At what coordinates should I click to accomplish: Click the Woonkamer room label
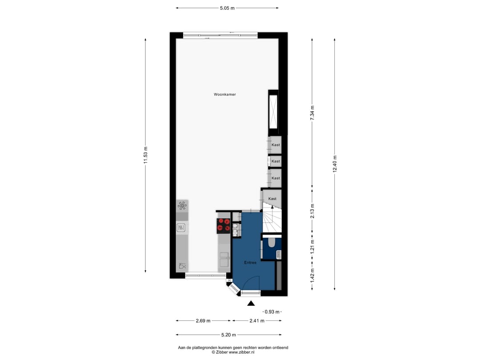(224, 95)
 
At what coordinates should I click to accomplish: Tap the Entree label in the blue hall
(250, 263)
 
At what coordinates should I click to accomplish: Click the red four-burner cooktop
(223, 226)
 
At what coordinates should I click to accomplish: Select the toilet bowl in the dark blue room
(271, 243)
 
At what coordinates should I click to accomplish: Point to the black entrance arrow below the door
(251, 304)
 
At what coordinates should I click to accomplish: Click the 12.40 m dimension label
(335, 164)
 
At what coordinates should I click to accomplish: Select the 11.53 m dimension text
(145, 155)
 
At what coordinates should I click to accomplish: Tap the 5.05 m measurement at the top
(227, 8)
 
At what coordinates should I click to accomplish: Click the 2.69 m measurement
(203, 321)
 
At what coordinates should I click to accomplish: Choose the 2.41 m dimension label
(256, 321)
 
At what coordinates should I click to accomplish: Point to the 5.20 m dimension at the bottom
(228, 335)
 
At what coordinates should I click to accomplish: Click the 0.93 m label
(272, 312)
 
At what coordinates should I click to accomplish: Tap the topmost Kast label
(276, 145)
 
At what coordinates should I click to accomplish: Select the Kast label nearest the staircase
(272, 199)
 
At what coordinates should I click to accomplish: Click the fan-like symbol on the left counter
(182, 205)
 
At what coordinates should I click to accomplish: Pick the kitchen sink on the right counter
(224, 256)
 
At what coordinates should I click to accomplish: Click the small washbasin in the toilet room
(279, 254)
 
